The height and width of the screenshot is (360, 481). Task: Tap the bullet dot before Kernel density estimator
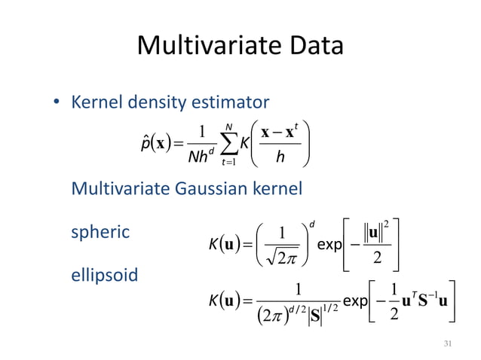[x=55, y=102]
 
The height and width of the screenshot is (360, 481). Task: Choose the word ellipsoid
[x=105, y=275]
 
